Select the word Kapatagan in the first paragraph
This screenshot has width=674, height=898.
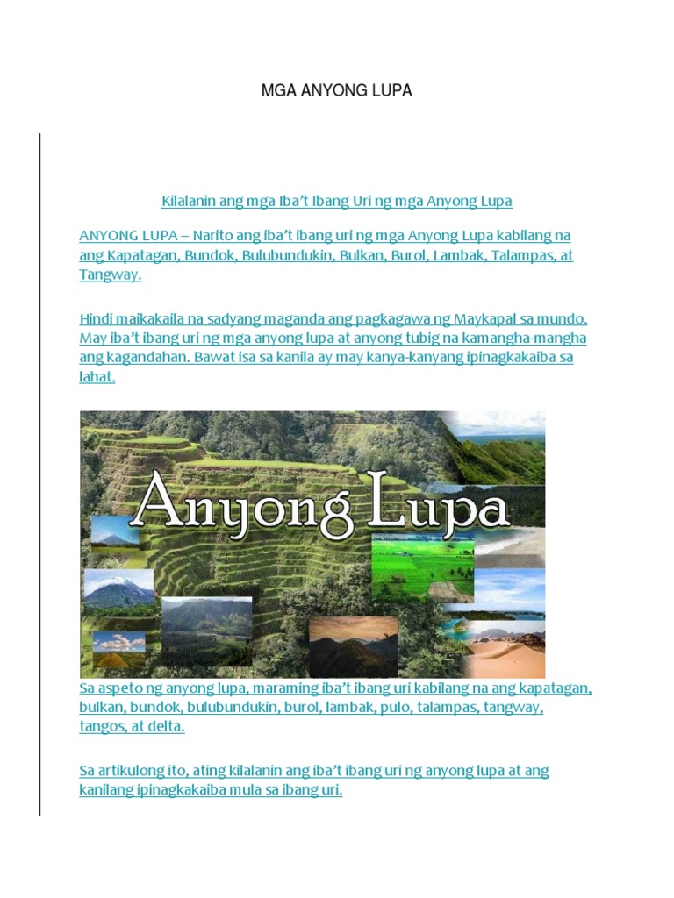pos(140,255)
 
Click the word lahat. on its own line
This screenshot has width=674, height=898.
pos(97,377)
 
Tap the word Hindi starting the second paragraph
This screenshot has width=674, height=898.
pos(97,318)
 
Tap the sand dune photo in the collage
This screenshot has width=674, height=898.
pos(510,649)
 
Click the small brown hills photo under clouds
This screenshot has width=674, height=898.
pos(118,652)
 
